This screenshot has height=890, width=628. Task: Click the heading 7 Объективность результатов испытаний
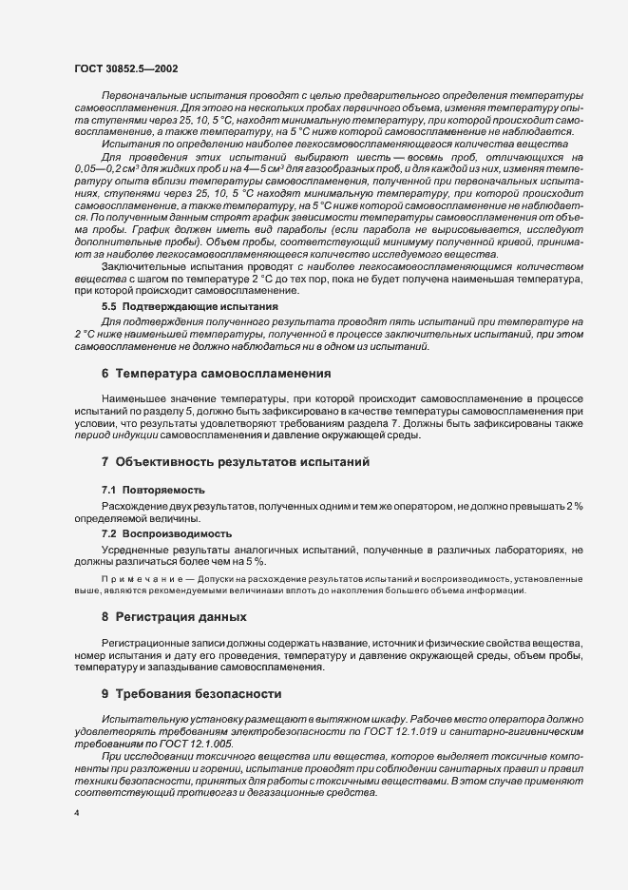[x=236, y=461]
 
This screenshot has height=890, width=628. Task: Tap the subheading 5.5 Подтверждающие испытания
[x=189, y=307]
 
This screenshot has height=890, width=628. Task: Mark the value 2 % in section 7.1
[x=574, y=505]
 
